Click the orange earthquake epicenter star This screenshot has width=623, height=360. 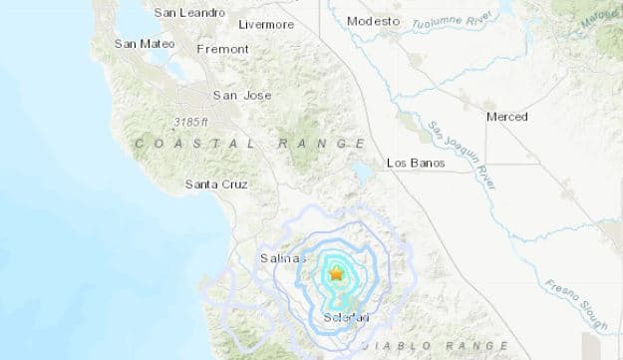pyautogui.click(x=336, y=272)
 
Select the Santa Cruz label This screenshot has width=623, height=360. pyautogui.click(x=216, y=184)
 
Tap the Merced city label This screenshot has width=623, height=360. pyautogui.click(x=506, y=117)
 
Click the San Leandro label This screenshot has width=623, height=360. pyautogui.click(x=189, y=12)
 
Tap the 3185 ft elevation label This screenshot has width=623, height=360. pyautogui.click(x=189, y=122)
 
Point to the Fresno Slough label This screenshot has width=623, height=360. pyautogui.click(x=575, y=302)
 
